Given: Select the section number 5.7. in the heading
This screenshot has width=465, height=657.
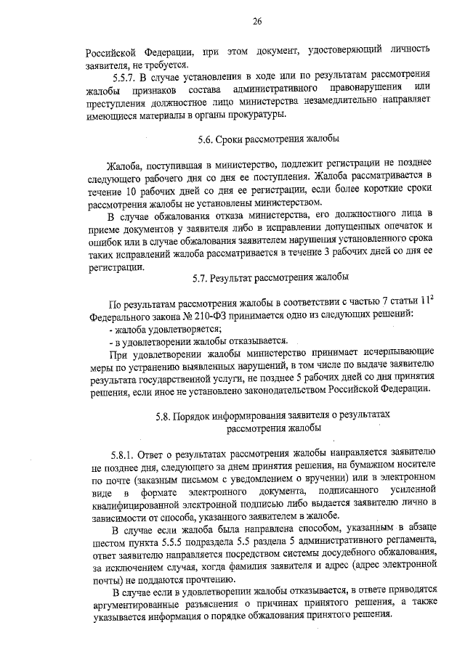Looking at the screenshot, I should (203, 277).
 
